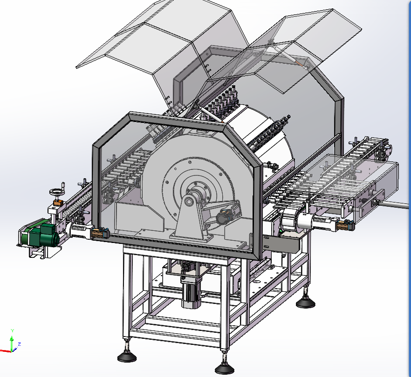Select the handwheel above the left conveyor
pos(56,192)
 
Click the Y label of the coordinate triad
pos(12,330)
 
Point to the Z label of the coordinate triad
pos(19,344)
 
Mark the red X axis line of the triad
pos(5,351)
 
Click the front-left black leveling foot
pos(127,357)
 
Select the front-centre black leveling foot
pos(225,369)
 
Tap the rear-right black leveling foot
pos(306,303)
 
